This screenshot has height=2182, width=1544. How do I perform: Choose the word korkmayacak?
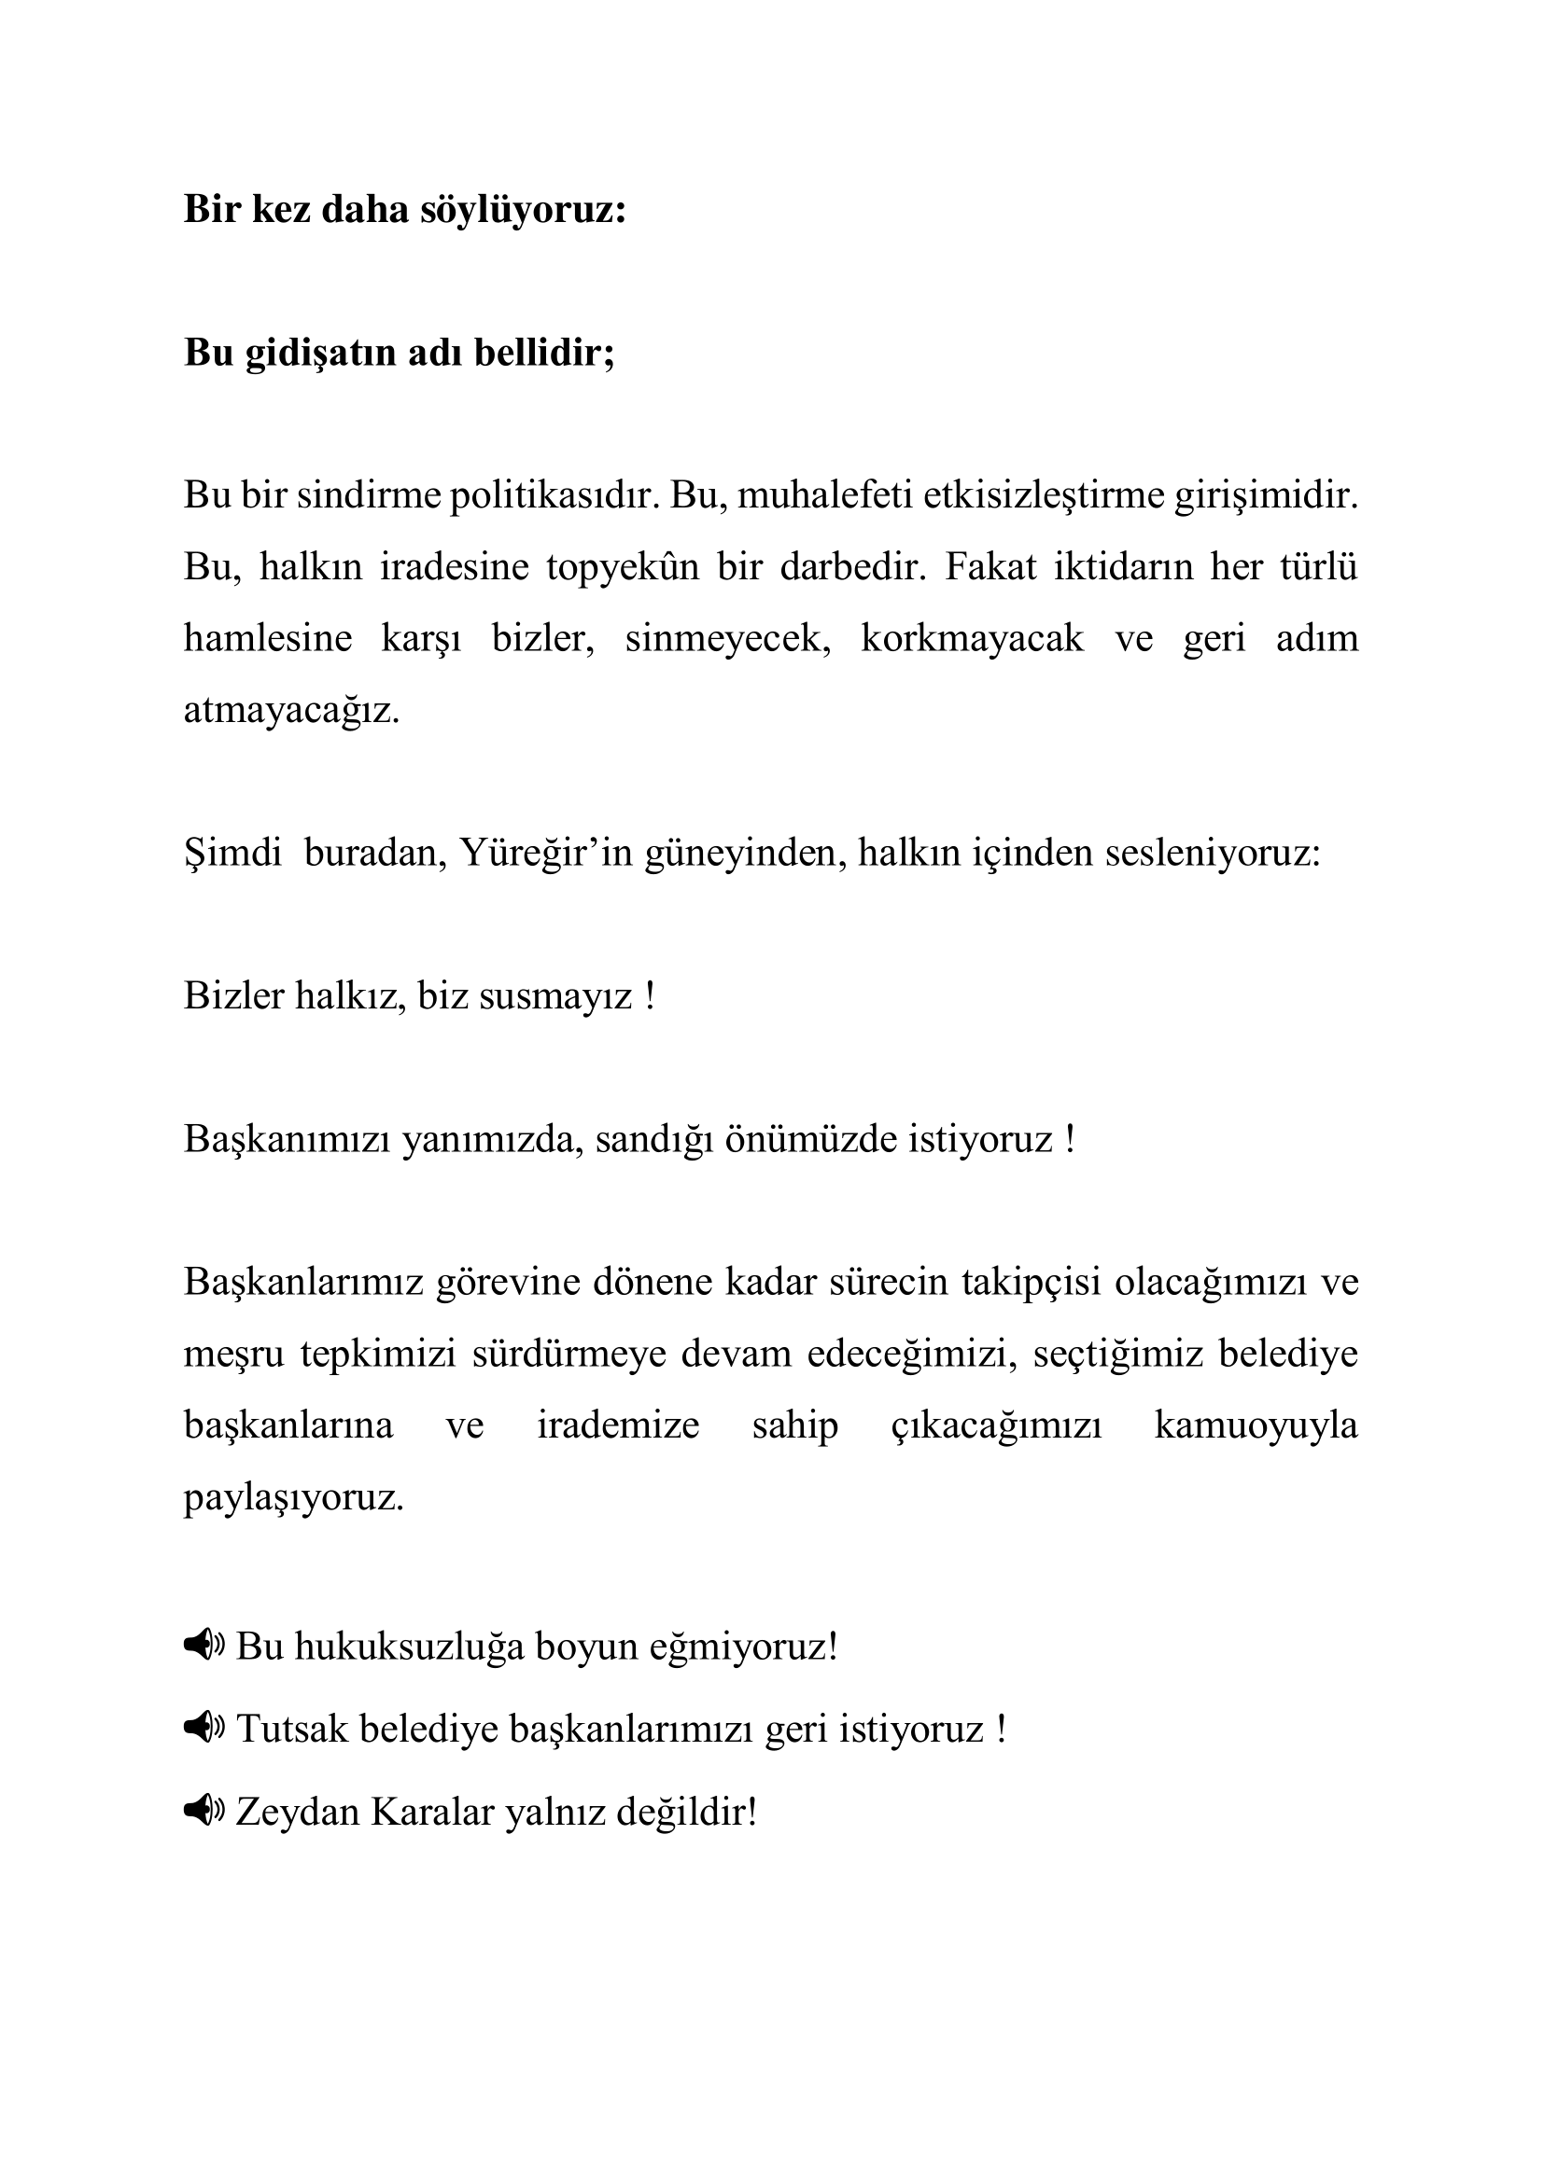coord(972,638)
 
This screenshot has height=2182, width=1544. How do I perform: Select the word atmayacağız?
coord(291,710)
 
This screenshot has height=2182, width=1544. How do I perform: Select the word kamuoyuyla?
coord(1255,1425)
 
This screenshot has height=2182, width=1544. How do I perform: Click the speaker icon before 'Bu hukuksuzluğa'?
coord(204,1643)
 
